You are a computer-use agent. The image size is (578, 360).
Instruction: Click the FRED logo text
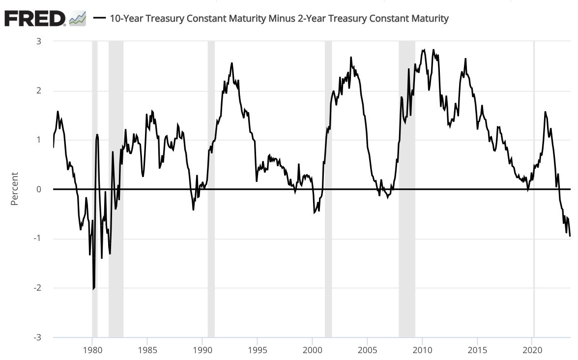[34, 18]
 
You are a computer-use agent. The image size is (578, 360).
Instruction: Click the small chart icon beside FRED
[78, 19]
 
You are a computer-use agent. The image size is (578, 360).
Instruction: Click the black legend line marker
[100, 19]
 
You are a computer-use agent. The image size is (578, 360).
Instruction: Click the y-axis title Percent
[14, 188]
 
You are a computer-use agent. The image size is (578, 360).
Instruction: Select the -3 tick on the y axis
[36, 337]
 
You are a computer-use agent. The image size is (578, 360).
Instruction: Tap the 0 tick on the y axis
[38, 189]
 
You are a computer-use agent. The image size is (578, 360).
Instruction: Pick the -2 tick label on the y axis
[36, 288]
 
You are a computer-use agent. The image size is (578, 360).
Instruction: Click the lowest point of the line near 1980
[93, 289]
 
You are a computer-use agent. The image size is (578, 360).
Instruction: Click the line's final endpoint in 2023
[570, 236]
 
